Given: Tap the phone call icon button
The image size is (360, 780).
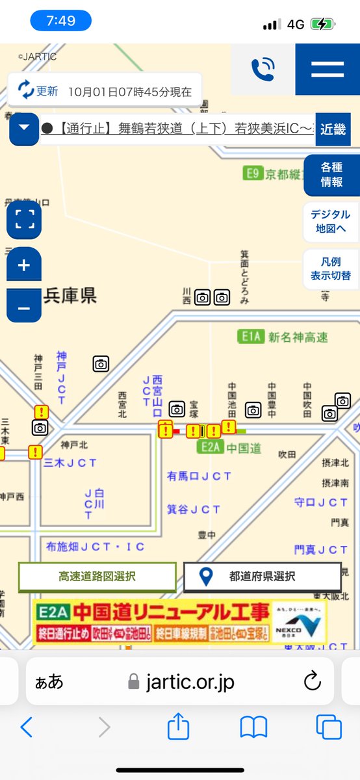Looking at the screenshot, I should click(263, 70).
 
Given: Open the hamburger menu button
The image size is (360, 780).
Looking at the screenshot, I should click(328, 70).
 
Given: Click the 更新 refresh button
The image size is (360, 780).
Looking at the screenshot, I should click(38, 91).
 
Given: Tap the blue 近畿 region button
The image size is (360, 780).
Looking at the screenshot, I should click(333, 129).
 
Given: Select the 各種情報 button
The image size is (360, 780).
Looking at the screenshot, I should click(331, 175).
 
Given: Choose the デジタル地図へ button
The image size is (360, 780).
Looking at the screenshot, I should click(331, 222).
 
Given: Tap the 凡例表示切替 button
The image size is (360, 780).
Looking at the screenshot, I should click(331, 268).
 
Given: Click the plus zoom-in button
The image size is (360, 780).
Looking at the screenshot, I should click(24, 265).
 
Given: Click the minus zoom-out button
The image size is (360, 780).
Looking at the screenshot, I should click(24, 306).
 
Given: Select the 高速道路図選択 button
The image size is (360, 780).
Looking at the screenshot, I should click(97, 577).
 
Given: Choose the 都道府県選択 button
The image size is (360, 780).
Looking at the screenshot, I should click(263, 577).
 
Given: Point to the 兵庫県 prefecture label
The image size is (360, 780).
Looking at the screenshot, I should click(70, 296).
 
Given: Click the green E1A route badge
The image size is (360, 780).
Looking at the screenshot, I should click(250, 337).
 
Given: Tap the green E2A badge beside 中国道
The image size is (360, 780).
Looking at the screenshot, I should click(210, 447).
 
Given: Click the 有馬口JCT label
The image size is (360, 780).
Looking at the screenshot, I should click(199, 476).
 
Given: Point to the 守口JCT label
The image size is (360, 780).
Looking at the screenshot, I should click(321, 502).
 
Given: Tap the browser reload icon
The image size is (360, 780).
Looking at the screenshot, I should click(313, 682).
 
